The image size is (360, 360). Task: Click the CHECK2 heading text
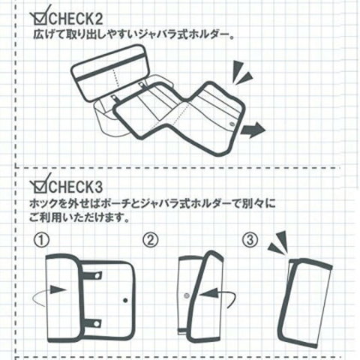point(76,19)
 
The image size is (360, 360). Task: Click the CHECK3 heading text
point(76,187)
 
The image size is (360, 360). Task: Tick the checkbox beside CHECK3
point(40,186)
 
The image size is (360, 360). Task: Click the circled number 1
point(42,240)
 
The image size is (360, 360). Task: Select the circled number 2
point(150,240)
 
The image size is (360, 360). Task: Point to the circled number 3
point(250,240)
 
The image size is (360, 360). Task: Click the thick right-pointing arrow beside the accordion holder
point(253,130)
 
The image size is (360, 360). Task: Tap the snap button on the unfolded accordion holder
point(232,123)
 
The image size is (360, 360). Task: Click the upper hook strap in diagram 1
point(92,275)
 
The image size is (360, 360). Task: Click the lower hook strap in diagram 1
point(92,324)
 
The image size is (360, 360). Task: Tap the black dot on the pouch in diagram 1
point(125,300)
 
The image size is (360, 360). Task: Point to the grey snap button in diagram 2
point(187,296)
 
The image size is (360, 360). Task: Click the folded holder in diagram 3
point(304,303)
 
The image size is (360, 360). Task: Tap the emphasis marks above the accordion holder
point(242,72)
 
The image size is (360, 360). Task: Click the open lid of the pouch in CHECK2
point(110,73)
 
